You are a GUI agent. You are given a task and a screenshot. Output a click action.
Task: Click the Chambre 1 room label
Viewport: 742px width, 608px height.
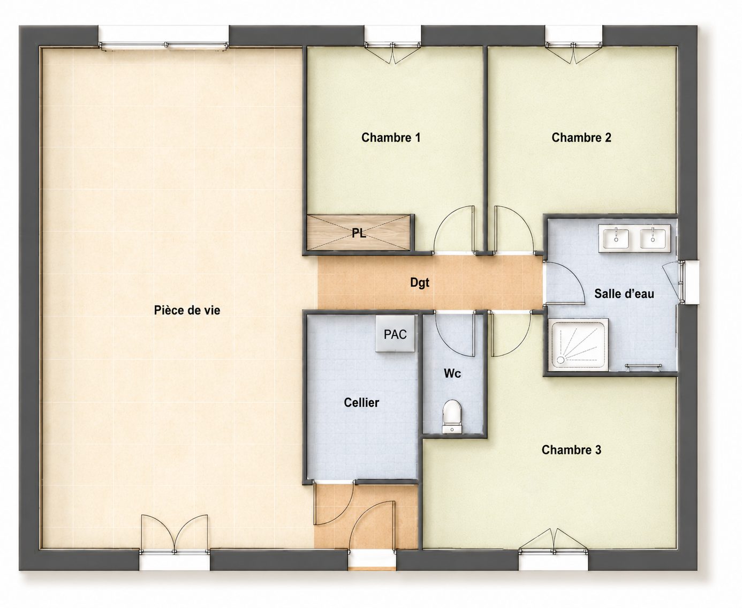[x=390, y=138]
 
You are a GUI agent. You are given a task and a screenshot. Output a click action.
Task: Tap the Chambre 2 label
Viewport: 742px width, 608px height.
[x=581, y=138]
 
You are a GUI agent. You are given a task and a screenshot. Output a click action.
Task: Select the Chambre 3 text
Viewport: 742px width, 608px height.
[x=571, y=449]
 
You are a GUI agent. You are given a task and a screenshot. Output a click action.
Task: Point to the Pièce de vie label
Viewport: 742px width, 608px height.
[x=187, y=310]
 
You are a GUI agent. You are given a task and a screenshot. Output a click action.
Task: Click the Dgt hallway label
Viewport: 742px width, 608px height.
[x=420, y=283]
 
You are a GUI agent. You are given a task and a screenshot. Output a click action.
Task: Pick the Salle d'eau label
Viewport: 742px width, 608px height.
[x=624, y=294]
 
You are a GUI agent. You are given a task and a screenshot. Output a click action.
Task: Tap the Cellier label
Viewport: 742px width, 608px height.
[x=361, y=402]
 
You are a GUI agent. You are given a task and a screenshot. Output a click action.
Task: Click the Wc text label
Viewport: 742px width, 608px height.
[x=452, y=373]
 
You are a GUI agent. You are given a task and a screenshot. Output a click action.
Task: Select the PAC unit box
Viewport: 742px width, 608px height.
[x=396, y=334]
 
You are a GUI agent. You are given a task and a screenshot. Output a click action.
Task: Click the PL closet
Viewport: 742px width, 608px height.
[x=359, y=232]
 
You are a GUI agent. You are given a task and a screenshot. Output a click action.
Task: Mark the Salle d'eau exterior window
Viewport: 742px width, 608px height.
[x=688, y=282]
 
